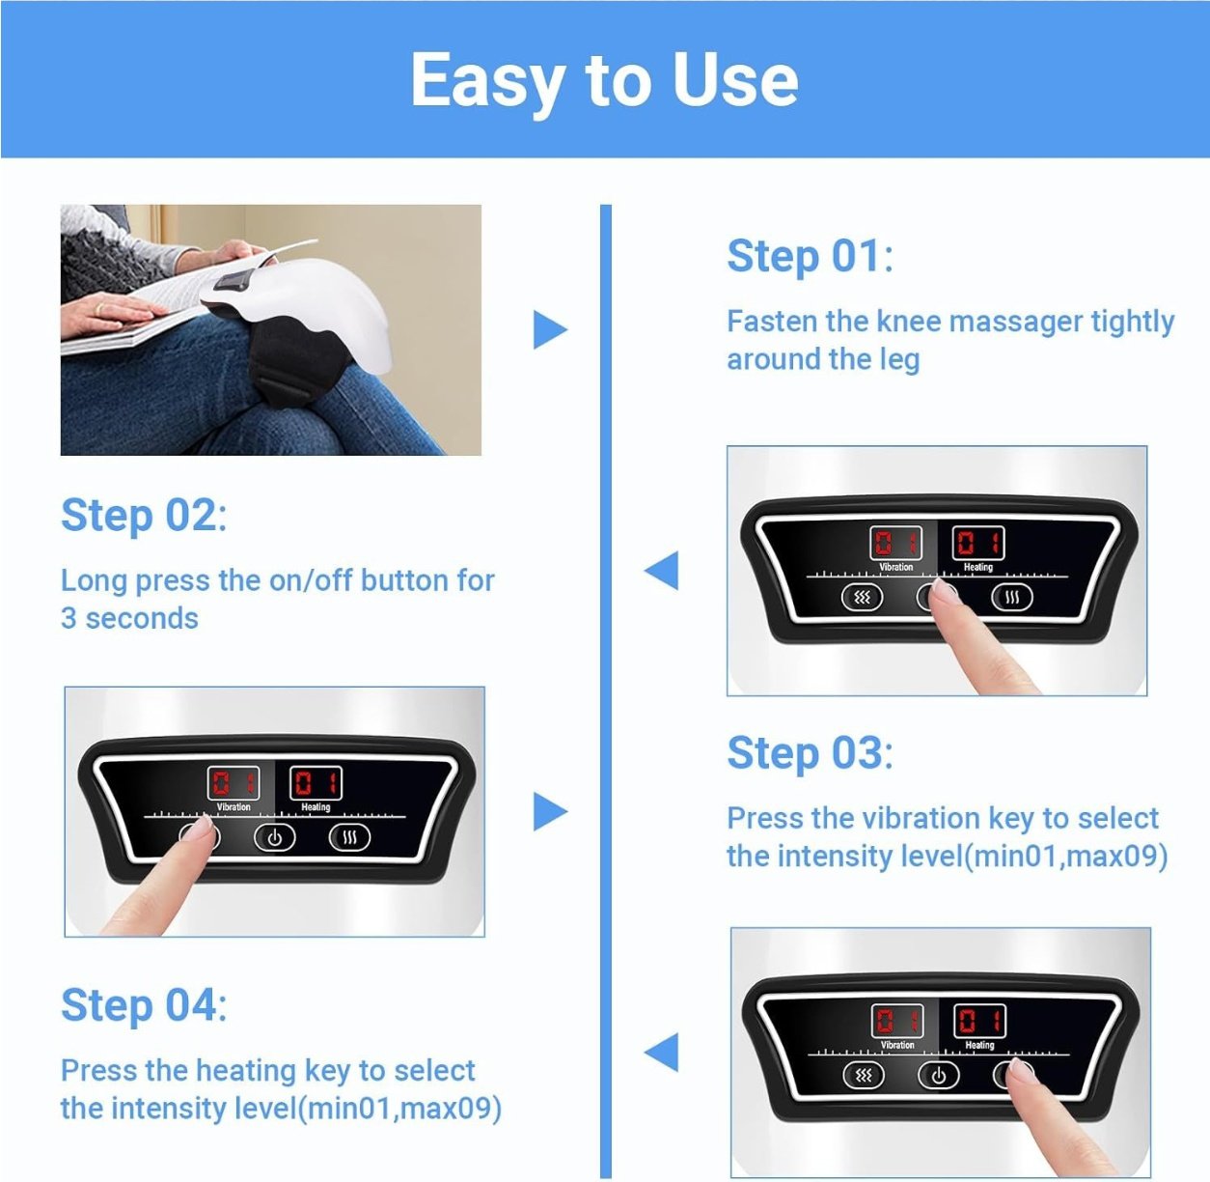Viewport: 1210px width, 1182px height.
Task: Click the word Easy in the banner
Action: tap(488, 81)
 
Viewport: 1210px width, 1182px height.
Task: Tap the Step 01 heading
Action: tap(810, 256)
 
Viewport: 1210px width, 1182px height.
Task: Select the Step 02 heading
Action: tap(144, 516)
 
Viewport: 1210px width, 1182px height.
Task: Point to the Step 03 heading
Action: tap(810, 752)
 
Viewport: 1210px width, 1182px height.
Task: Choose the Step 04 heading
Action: tap(144, 1005)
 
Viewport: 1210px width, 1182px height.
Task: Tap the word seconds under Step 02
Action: tap(142, 619)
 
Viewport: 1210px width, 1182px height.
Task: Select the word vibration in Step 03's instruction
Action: tap(916, 818)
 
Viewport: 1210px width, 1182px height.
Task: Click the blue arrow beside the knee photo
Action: tap(550, 330)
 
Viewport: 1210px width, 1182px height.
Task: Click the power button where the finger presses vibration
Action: tap(274, 838)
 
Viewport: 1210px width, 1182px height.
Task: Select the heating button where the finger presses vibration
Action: tap(349, 838)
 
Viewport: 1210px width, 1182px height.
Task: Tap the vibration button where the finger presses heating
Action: tap(863, 1076)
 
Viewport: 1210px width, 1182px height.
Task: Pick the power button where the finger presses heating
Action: tap(938, 1076)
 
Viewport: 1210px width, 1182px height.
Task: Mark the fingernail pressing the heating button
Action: tap(1021, 1067)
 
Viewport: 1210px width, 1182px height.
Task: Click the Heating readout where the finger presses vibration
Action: tap(316, 783)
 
